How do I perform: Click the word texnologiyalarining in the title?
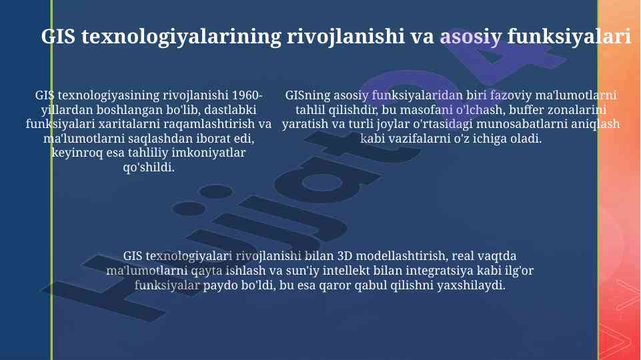point(181,37)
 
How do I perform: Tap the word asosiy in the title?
point(470,37)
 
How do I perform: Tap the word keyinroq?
point(77,153)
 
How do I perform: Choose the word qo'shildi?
point(149,167)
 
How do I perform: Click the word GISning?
point(307,95)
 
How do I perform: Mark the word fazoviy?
point(511,95)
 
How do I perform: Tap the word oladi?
point(528,139)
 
